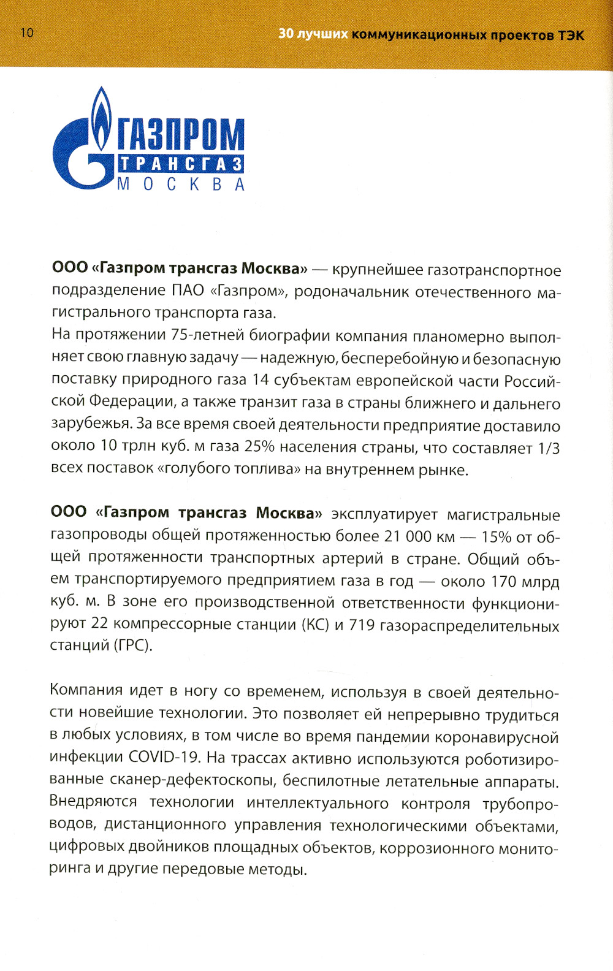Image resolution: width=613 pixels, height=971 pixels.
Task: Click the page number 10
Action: point(27,33)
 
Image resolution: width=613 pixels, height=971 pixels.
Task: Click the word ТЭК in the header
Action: point(570,35)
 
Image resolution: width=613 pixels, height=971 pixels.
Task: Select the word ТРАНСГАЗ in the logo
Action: point(181,164)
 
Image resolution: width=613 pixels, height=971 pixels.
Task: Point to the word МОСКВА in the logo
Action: point(181,184)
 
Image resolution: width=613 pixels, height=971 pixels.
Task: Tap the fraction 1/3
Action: point(549,448)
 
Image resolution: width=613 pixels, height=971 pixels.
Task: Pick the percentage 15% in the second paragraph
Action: point(496,537)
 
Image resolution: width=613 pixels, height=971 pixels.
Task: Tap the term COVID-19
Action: point(164,758)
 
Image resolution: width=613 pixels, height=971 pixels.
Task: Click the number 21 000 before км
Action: point(408,536)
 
